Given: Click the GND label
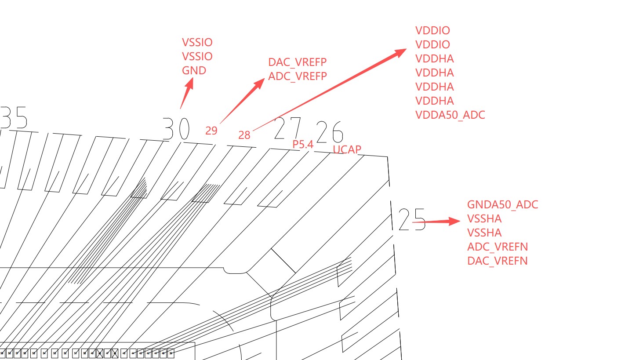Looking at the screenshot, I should click(x=194, y=71).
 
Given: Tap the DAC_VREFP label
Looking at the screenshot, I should click(x=298, y=62).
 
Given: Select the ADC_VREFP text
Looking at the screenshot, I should click(x=298, y=76).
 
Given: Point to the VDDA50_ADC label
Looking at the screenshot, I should click(x=450, y=115).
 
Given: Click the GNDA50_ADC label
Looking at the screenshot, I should click(x=502, y=204).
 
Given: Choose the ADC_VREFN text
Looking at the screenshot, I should click(x=498, y=247).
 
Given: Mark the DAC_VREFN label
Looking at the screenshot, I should click(x=498, y=261).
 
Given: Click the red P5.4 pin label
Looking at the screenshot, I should click(x=303, y=144).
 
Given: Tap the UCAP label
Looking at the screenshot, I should click(x=347, y=149).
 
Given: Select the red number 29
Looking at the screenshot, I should click(x=211, y=131).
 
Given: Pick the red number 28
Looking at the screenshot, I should click(x=244, y=135).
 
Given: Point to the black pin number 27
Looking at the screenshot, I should click(x=288, y=128).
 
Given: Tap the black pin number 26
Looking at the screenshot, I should click(x=329, y=132).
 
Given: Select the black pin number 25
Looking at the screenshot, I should click(x=412, y=220).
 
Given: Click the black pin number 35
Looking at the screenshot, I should click(x=15, y=118).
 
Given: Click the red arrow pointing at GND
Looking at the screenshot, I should click(x=186, y=94).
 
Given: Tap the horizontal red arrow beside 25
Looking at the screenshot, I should click(x=437, y=222).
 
